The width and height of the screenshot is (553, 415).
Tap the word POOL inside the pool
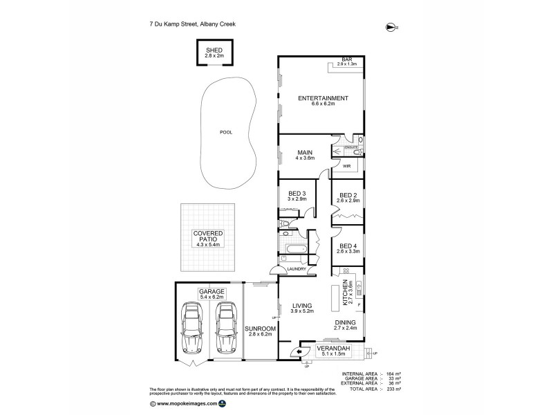(225, 131)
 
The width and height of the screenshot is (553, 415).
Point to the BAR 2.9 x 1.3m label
(346, 62)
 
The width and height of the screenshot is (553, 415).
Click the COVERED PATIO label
(206, 238)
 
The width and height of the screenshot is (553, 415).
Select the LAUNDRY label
(288, 269)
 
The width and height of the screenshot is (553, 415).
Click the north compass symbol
(392, 27)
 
